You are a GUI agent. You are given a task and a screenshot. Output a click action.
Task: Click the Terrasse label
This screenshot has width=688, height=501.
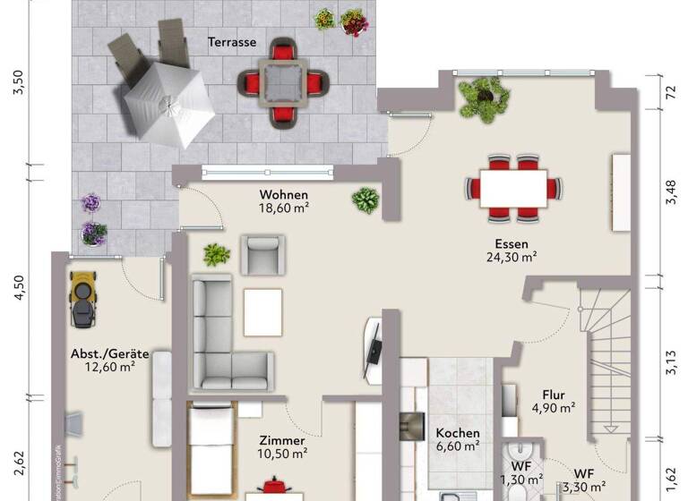(x=232, y=42)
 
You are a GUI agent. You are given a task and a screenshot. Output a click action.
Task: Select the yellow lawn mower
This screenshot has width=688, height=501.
(x=83, y=294)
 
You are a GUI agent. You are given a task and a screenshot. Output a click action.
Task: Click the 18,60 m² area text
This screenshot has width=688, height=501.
(x=284, y=208)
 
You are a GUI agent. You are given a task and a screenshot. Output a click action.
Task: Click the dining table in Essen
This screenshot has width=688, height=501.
(x=514, y=187)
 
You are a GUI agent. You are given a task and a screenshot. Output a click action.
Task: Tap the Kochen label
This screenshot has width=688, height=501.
(x=458, y=433)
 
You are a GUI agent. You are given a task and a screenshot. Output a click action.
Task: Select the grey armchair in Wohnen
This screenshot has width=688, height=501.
(x=264, y=254)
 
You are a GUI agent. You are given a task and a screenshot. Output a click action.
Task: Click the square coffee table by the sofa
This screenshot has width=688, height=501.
(x=262, y=312)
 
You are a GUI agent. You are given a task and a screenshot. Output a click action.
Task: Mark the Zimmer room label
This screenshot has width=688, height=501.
(x=282, y=441)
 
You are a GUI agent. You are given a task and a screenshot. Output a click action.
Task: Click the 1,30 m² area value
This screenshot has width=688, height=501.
(x=520, y=480)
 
